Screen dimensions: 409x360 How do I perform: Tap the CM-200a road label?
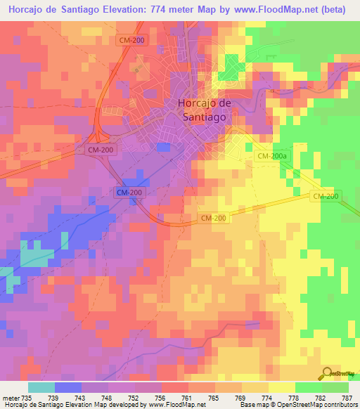pos(271,156)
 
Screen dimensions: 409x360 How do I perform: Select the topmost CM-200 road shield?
pos(133,41)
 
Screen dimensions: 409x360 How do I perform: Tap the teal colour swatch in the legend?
pos(41,387)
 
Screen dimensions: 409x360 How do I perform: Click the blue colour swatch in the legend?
pos(68,387)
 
